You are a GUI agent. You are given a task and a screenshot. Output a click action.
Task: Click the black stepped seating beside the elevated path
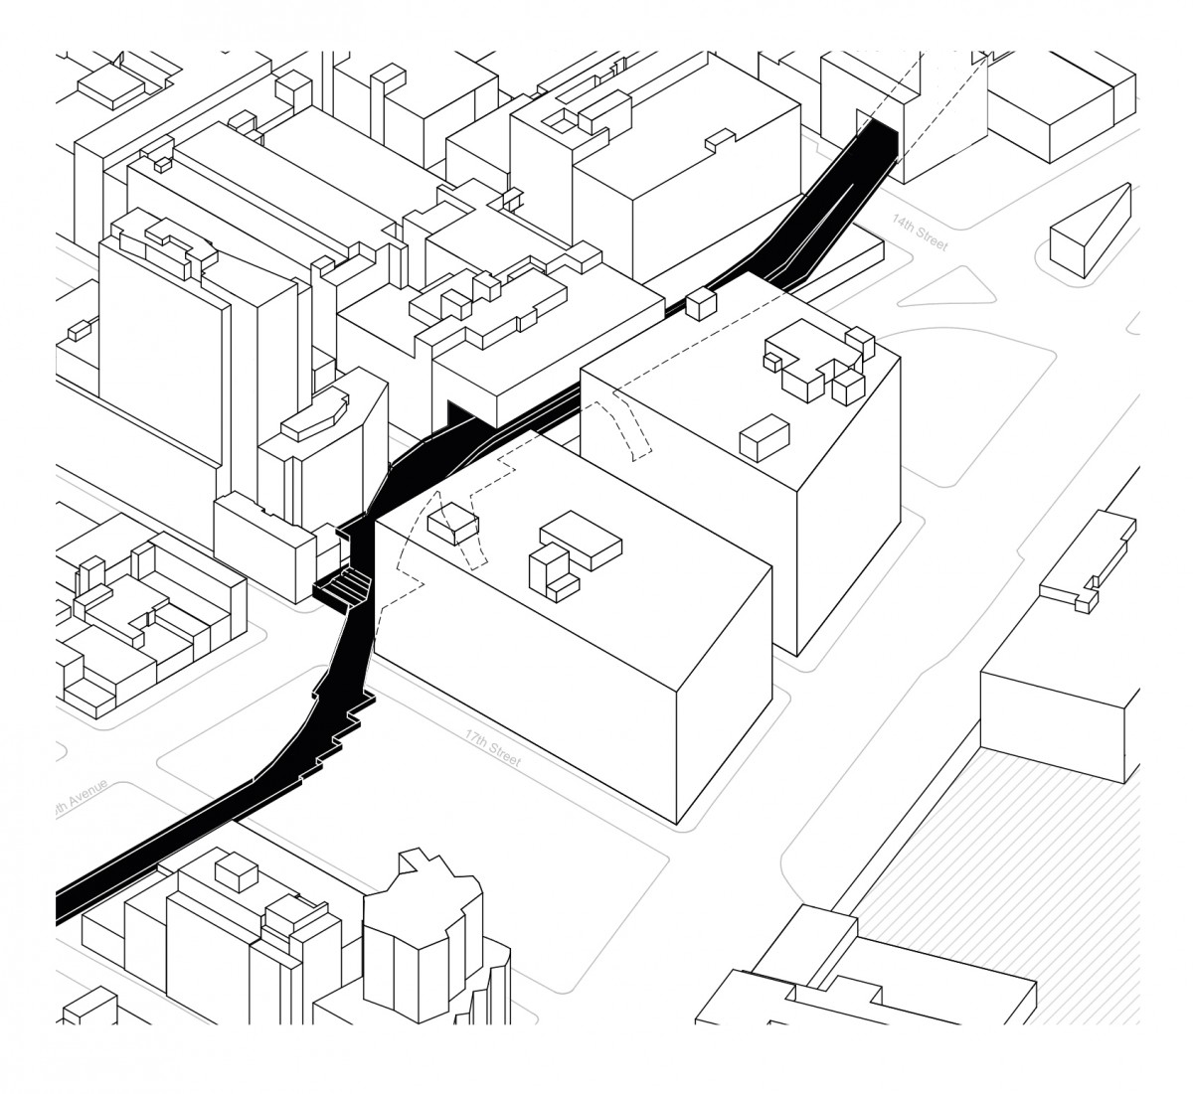tap(344, 586)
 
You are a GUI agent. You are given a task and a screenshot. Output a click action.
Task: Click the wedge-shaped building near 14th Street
tap(1091, 230)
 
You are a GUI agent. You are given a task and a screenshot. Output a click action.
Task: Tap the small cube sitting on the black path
tap(701, 300)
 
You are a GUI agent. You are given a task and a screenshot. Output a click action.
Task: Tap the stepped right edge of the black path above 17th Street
tap(343, 730)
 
